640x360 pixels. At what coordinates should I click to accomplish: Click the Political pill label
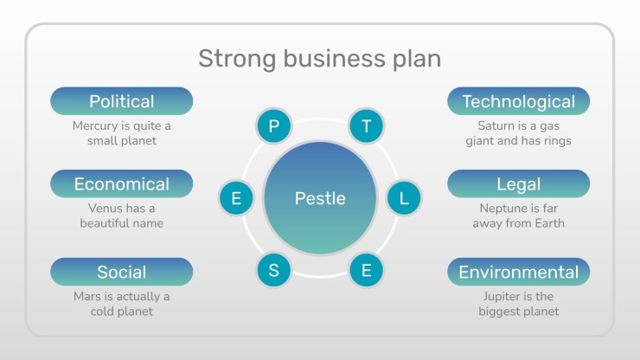click(x=122, y=101)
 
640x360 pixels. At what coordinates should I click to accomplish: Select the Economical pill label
click(x=122, y=183)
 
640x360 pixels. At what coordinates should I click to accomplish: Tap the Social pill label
click(x=122, y=272)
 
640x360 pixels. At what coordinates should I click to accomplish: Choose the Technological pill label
click(x=518, y=101)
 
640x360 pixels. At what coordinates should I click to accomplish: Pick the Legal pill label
click(x=518, y=183)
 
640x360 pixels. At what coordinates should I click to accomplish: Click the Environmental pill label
click(x=518, y=272)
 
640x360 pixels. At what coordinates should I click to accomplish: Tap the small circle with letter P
click(x=274, y=125)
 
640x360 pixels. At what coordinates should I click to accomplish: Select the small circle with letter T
click(x=367, y=125)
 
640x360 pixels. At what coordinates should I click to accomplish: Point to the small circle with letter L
click(x=404, y=198)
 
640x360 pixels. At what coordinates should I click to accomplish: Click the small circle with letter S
click(x=274, y=270)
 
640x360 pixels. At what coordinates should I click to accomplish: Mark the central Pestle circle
click(x=320, y=198)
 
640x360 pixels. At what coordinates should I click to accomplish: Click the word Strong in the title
click(x=237, y=59)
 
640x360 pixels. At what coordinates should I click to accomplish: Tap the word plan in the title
click(x=417, y=59)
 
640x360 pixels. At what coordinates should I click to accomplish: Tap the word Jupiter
click(x=502, y=297)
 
